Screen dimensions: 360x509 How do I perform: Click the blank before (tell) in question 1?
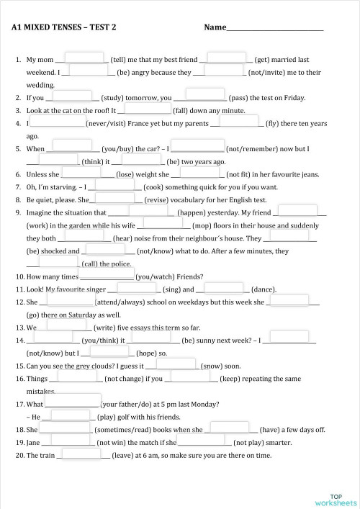[x=86, y=59]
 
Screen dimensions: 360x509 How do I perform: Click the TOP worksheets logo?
[x=336, y=500]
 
